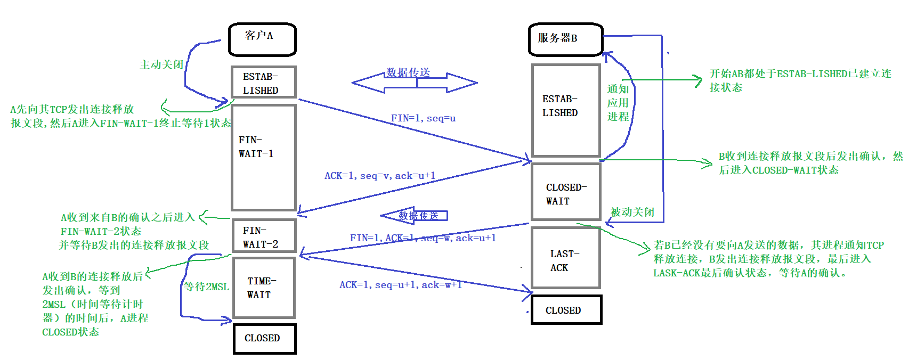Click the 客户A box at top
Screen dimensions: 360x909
tap(262, 39)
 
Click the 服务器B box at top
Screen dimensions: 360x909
tap(565, 39)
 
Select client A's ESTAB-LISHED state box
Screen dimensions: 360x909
tap(263, 83)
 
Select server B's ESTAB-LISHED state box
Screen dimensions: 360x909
tap(566, 110)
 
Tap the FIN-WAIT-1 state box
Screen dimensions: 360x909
tap(263, 157)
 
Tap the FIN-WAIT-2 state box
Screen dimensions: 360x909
tap(263, 236)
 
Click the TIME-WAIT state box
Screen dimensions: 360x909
tap(263, 288)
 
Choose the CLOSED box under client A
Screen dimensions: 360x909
tap(264, 338)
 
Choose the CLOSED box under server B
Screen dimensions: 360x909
tap(566, 310)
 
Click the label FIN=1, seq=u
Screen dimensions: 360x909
tap(423, 118)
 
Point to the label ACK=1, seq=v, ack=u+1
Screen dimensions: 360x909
tap(379, 176)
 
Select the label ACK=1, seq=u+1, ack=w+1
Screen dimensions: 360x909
tap(400, 285)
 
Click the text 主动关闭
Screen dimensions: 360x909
tap(161, 64)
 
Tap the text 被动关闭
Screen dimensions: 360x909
tap(632, 212)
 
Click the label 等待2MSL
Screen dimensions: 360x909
tap(207, 287)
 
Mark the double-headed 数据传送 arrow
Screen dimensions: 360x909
tap(415, 83)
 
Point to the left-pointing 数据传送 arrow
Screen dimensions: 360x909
tap(414, 215)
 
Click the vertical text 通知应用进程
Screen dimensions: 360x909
tap(618, 103)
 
